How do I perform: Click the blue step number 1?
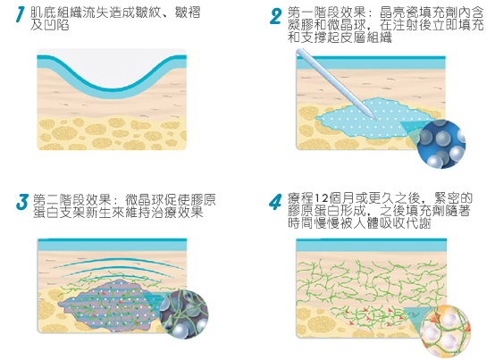21,14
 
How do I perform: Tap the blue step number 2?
275,16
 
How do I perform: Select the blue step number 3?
22,202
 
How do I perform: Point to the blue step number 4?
275,202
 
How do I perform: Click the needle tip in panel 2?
376,120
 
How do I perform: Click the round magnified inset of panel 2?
441,144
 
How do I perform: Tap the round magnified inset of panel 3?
184,314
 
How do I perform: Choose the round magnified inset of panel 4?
446,331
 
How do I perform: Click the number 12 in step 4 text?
322,198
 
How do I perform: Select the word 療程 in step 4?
301,198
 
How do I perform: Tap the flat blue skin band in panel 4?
372,245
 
